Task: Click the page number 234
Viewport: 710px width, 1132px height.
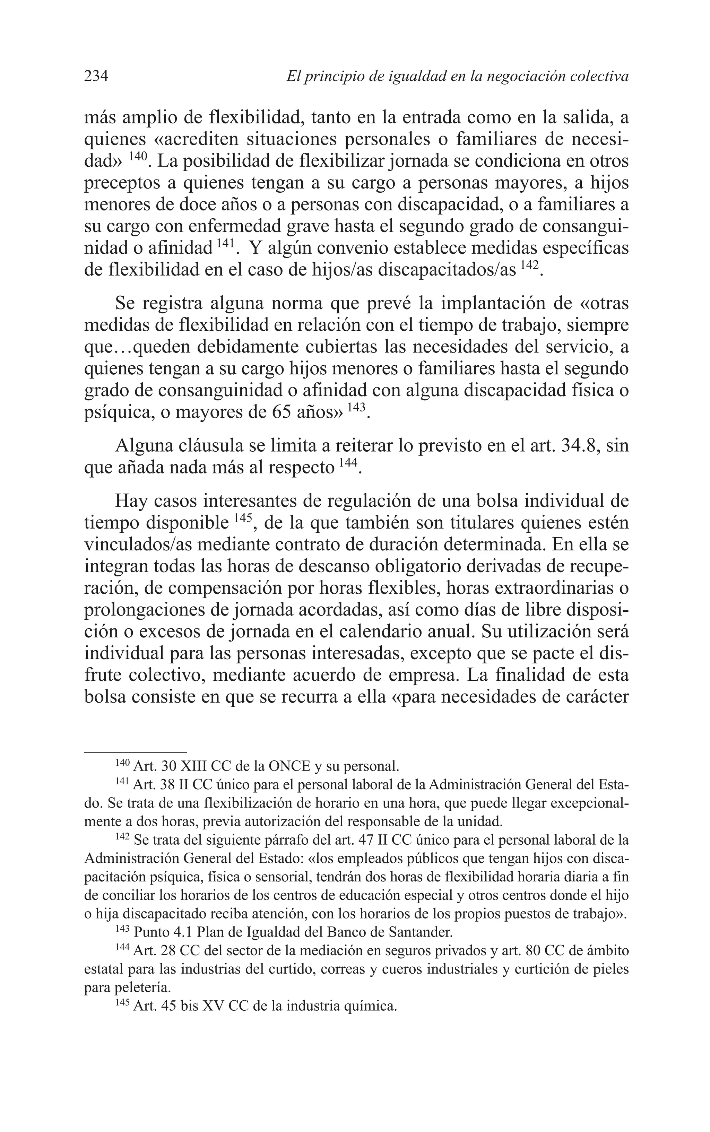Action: [x=96, y=76]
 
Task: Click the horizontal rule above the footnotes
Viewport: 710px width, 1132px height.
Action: [x=135, y=751]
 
